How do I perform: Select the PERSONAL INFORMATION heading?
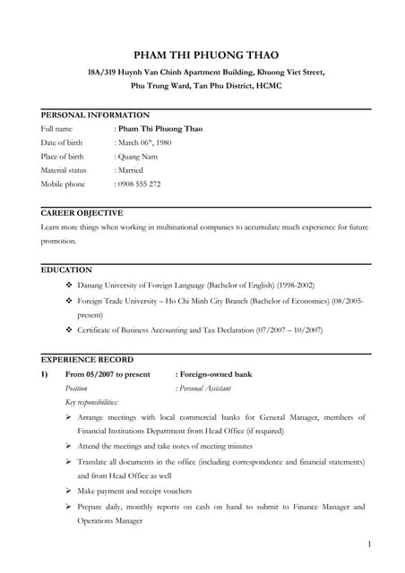click(x=95, y=115)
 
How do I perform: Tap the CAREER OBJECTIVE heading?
click(x=82, y=213)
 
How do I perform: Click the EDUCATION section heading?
click(x=66, y=269)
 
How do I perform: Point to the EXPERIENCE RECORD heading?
click(x=87, y=359)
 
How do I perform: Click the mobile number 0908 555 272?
click(x=138, y=184)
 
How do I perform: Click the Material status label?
click(x=64, y=170)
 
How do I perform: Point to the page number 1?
click(x=369, y=543)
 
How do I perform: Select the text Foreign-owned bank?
click(x=214, y=374)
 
